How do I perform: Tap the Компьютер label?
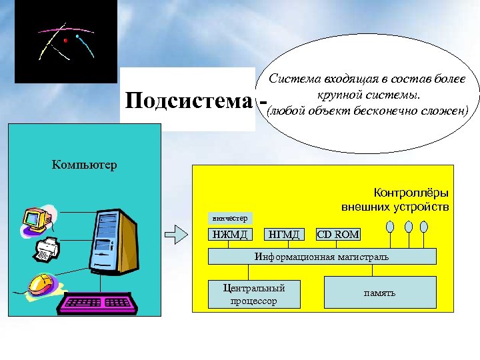pyautogui.click(x=84, y=164)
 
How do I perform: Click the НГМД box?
pyautogui.click(x=285, y=234)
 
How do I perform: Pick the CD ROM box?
pyautogui.click(x=338, y=234)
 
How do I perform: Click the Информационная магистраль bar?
pyautogui.click(x=322, y=257)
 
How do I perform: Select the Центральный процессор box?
pyautogui.click(x=254, y=294)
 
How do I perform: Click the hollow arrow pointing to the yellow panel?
pyautogui.click(x=175, y=234)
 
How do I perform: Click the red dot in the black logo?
pyautogui.click(x=65, y=41)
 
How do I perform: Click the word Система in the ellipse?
pyautogui.click(x=292, y=79)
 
